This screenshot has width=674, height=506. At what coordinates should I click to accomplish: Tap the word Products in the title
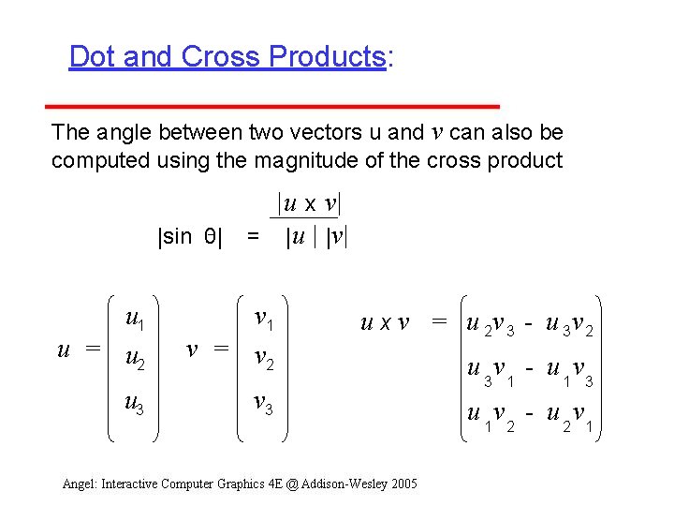(325, 57)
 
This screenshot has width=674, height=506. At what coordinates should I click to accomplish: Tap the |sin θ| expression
(189, 237)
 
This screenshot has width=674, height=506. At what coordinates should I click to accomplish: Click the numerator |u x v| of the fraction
(308, 203)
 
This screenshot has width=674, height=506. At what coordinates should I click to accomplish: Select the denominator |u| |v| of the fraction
(316, 238)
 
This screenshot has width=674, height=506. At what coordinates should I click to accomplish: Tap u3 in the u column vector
(134, 404)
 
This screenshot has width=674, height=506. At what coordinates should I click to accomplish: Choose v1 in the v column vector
(265, 320)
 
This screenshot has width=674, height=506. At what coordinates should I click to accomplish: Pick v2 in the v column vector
(265, 361)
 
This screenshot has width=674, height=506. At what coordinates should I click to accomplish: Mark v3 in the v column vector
(265, 404)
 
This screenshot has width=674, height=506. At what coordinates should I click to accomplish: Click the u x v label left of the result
(385, 324)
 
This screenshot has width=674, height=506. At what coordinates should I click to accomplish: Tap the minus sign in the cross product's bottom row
(530, 412)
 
